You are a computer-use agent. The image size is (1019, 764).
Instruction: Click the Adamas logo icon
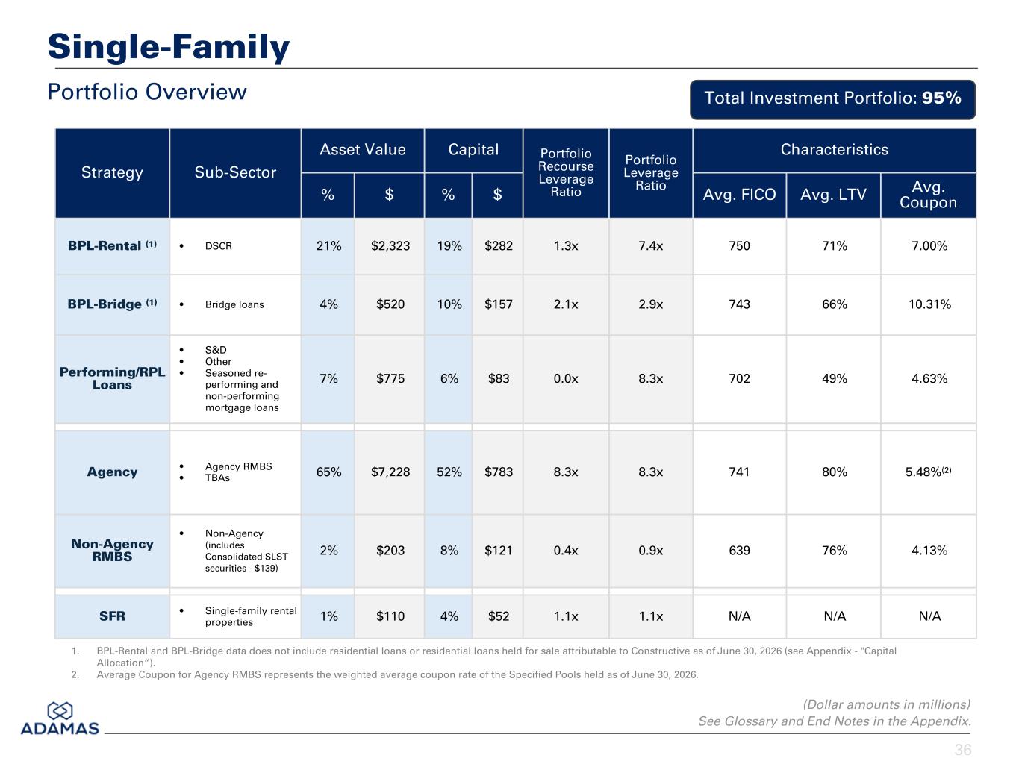(60, 711)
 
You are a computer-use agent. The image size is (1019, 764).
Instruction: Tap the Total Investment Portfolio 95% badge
(832, 99)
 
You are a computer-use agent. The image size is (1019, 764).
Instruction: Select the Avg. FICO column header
(739, 195)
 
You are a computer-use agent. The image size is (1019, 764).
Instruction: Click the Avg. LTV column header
(833, 195)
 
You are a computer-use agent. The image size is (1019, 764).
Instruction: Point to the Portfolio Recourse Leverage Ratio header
(565, 172)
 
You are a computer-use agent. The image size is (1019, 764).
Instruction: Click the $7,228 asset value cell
(390, 472)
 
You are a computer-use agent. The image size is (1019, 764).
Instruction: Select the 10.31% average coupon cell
(929, 304)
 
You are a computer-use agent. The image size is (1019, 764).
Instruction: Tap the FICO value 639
(739, 550)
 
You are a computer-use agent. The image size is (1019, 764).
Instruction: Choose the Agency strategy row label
(112, 472)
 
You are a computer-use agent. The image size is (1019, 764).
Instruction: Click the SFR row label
(112, 616)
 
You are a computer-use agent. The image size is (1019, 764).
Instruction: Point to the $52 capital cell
(498, 616)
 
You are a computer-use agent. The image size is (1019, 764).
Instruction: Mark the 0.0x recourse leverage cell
(565, 378)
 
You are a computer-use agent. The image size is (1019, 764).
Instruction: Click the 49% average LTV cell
(834, 378)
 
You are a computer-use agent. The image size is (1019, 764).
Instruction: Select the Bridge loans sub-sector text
(234, 304)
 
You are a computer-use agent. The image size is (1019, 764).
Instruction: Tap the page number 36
(963, 750)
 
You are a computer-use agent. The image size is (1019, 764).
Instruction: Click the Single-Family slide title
(169, 47)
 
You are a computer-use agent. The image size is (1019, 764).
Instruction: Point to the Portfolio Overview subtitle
(147, 92)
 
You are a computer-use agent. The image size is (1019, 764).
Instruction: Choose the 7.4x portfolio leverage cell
(650, 245)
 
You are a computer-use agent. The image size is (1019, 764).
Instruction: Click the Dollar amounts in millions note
(886, 704)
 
